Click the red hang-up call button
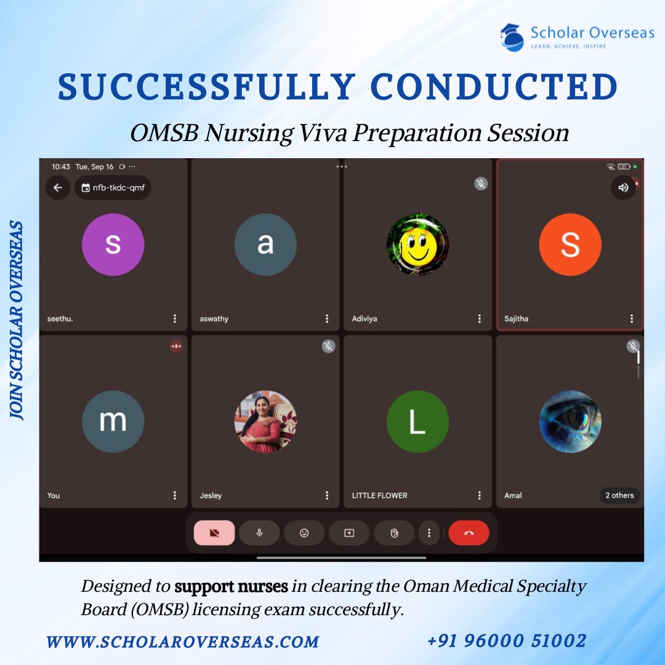(469, 533)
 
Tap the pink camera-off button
(214, 533)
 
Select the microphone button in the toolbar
(259, 533)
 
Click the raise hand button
(395, 533)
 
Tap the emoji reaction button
(304, 533)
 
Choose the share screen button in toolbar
(349, 533)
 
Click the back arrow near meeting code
(58, 188)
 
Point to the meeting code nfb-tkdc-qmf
(113, 188)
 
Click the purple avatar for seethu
(113, 244)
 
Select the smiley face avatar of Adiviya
(417, 244)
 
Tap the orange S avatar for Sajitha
(570, 244)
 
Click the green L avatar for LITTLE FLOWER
(417, 422)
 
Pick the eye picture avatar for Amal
(570, 422)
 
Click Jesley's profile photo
(265, 422)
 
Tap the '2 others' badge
(619, 495)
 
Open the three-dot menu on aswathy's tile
(327, 318)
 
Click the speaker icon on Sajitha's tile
(623, 188)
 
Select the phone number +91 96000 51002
(506, 641)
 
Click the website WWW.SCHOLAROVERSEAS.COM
(182, 642)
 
